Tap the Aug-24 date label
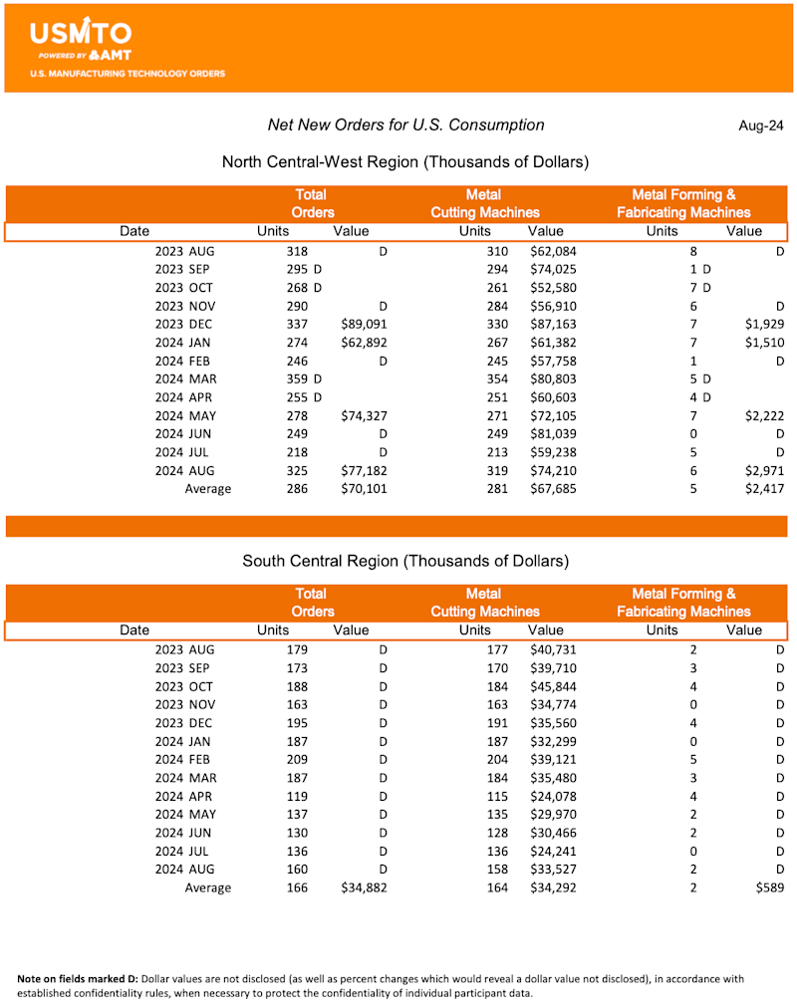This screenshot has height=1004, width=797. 761,125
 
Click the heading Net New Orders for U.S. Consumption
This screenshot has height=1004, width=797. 405,125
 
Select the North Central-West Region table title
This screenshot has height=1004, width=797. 405,162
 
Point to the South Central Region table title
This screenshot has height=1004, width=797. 405,561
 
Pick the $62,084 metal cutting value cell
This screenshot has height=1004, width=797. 553,251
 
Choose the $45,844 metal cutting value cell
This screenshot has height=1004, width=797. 553,686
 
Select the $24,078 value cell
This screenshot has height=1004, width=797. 553,796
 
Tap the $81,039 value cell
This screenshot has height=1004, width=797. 553,434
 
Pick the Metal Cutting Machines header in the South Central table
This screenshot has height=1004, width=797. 484,603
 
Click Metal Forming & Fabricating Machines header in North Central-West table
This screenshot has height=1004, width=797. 683,204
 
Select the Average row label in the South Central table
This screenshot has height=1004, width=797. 207,887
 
